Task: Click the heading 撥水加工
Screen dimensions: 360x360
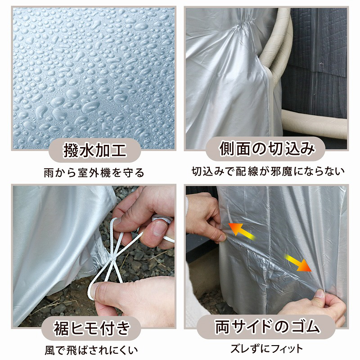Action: click(x=95, y=151)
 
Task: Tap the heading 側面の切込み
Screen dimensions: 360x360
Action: click(x=267, y=149)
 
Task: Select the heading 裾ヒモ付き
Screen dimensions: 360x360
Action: click(x=92, y=328)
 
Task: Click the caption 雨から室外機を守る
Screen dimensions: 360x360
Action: click(x=94, y=173)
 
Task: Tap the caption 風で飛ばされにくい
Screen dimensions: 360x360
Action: click(x=91, y=350)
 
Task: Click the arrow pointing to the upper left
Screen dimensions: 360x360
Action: click(x=242, y=231)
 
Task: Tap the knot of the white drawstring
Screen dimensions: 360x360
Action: click(x=113, y=259)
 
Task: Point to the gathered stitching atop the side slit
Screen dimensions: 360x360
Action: click(x=244, y=24)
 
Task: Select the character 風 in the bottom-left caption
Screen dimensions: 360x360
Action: click(x=49, y=351)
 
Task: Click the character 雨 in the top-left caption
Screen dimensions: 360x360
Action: click(x=49, y=173)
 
